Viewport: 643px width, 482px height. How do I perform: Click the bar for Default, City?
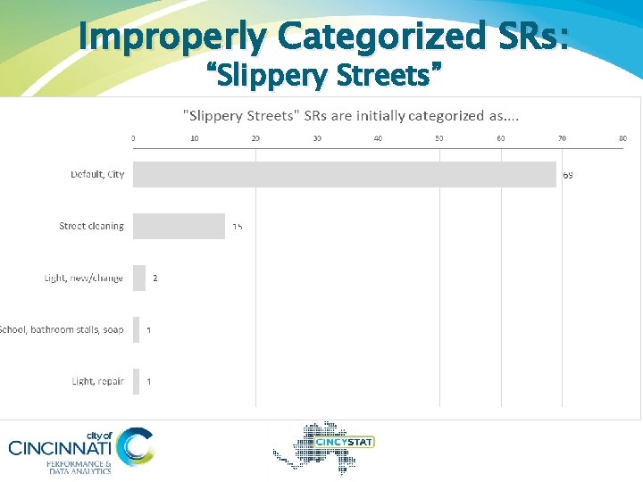click(344, 174)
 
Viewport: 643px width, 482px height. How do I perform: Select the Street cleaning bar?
click(179, 226)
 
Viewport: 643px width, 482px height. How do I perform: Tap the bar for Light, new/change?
click(139, 278)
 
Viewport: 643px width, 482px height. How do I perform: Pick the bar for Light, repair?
click(137, 381)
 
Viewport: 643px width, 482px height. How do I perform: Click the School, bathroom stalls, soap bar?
click(137, 329)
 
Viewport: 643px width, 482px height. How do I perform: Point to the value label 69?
click(568, 175)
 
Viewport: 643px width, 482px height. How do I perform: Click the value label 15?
click(238, 227)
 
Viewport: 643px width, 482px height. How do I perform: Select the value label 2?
click(155, 278)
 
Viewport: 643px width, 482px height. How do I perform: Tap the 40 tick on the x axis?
click(378, 138)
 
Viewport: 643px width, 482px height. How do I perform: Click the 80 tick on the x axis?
click(622, 138)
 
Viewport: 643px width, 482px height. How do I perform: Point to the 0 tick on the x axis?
click(133, 138)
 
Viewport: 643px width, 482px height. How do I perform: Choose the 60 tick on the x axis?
click(500, 138)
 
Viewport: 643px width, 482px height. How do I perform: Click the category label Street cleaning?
click(91, 226)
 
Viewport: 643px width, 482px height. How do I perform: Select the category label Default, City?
click(97, 174)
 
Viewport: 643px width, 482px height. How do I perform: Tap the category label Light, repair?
click(97, 381)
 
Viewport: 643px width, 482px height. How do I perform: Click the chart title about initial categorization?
click(351, 116)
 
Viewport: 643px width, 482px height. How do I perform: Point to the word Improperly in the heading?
click(171, 37)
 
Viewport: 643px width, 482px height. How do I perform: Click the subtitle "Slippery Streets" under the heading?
click(325, 77)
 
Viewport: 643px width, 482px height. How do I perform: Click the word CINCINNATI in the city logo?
click(61, 447)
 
